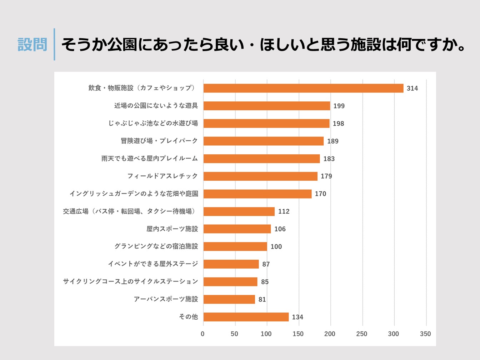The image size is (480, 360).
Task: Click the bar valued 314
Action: (303, 88)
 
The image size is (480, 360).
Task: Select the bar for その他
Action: (246, 317)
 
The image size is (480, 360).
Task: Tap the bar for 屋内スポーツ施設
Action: (237, 229)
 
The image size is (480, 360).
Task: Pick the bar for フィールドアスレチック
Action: (260, 176)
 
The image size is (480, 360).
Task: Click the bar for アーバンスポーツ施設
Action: (229, 299)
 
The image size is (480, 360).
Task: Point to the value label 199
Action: (339, 106)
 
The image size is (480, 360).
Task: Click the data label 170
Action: (320, 194)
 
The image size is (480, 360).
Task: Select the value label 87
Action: (266, 264)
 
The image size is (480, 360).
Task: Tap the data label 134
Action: (297, 317)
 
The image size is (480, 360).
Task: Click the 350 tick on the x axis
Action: (425, 334)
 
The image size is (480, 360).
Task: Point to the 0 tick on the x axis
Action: (202, 334)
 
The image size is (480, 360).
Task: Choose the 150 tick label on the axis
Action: (298, 334)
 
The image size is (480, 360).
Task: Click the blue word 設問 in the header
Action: (32, 45)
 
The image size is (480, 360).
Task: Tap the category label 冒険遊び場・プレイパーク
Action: (159, 141)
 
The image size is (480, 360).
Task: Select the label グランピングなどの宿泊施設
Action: (156, 246)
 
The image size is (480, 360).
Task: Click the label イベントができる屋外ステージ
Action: (153, 264)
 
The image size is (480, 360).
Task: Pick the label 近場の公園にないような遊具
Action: (156, 106)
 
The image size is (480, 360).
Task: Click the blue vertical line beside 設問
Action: (54, 44)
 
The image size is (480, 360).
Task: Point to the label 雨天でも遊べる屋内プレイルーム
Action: (150, 159)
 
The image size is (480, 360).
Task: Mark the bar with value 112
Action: (239, 211)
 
